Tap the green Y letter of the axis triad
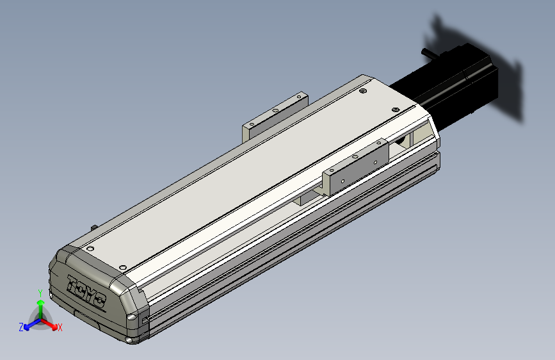[40, 293]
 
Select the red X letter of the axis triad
[60, 328]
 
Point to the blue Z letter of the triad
[21, 327]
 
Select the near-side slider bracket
[356, 167]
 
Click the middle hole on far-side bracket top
[275, 110]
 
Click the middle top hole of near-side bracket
[355, 156]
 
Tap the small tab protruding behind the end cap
[95, 227]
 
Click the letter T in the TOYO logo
[72, 282]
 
